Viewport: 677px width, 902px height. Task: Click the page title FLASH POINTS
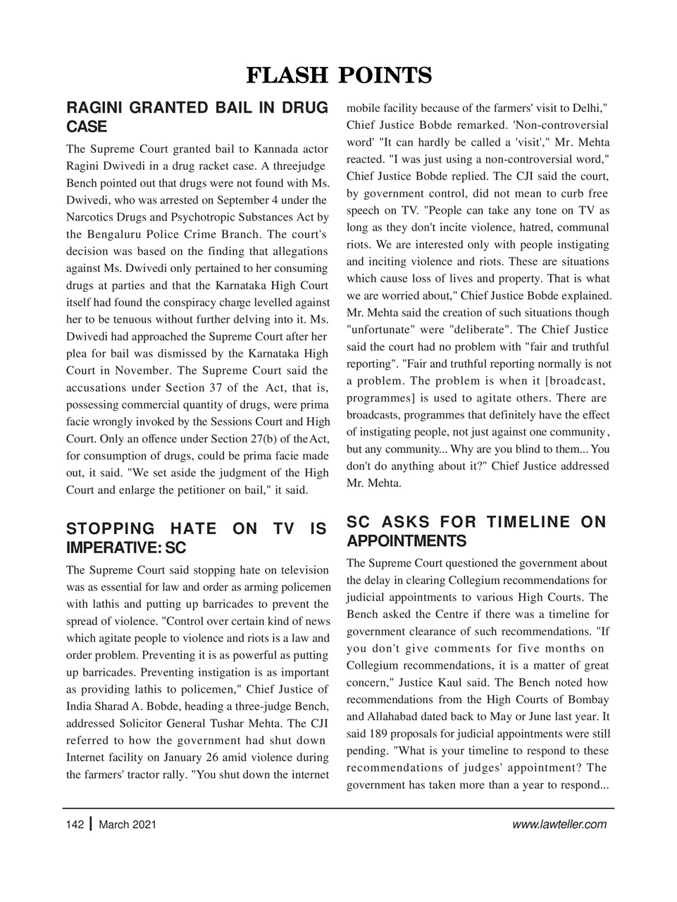[x=338, y=75]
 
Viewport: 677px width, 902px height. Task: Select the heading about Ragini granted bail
[x=197, y=117]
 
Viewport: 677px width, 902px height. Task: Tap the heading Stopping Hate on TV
[x=197, y=538]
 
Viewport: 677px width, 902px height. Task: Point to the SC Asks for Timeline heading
[x=476, y=531]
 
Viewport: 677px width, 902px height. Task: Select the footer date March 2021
[x=128, y=824]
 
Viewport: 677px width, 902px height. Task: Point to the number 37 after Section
[x=217, y=388]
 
